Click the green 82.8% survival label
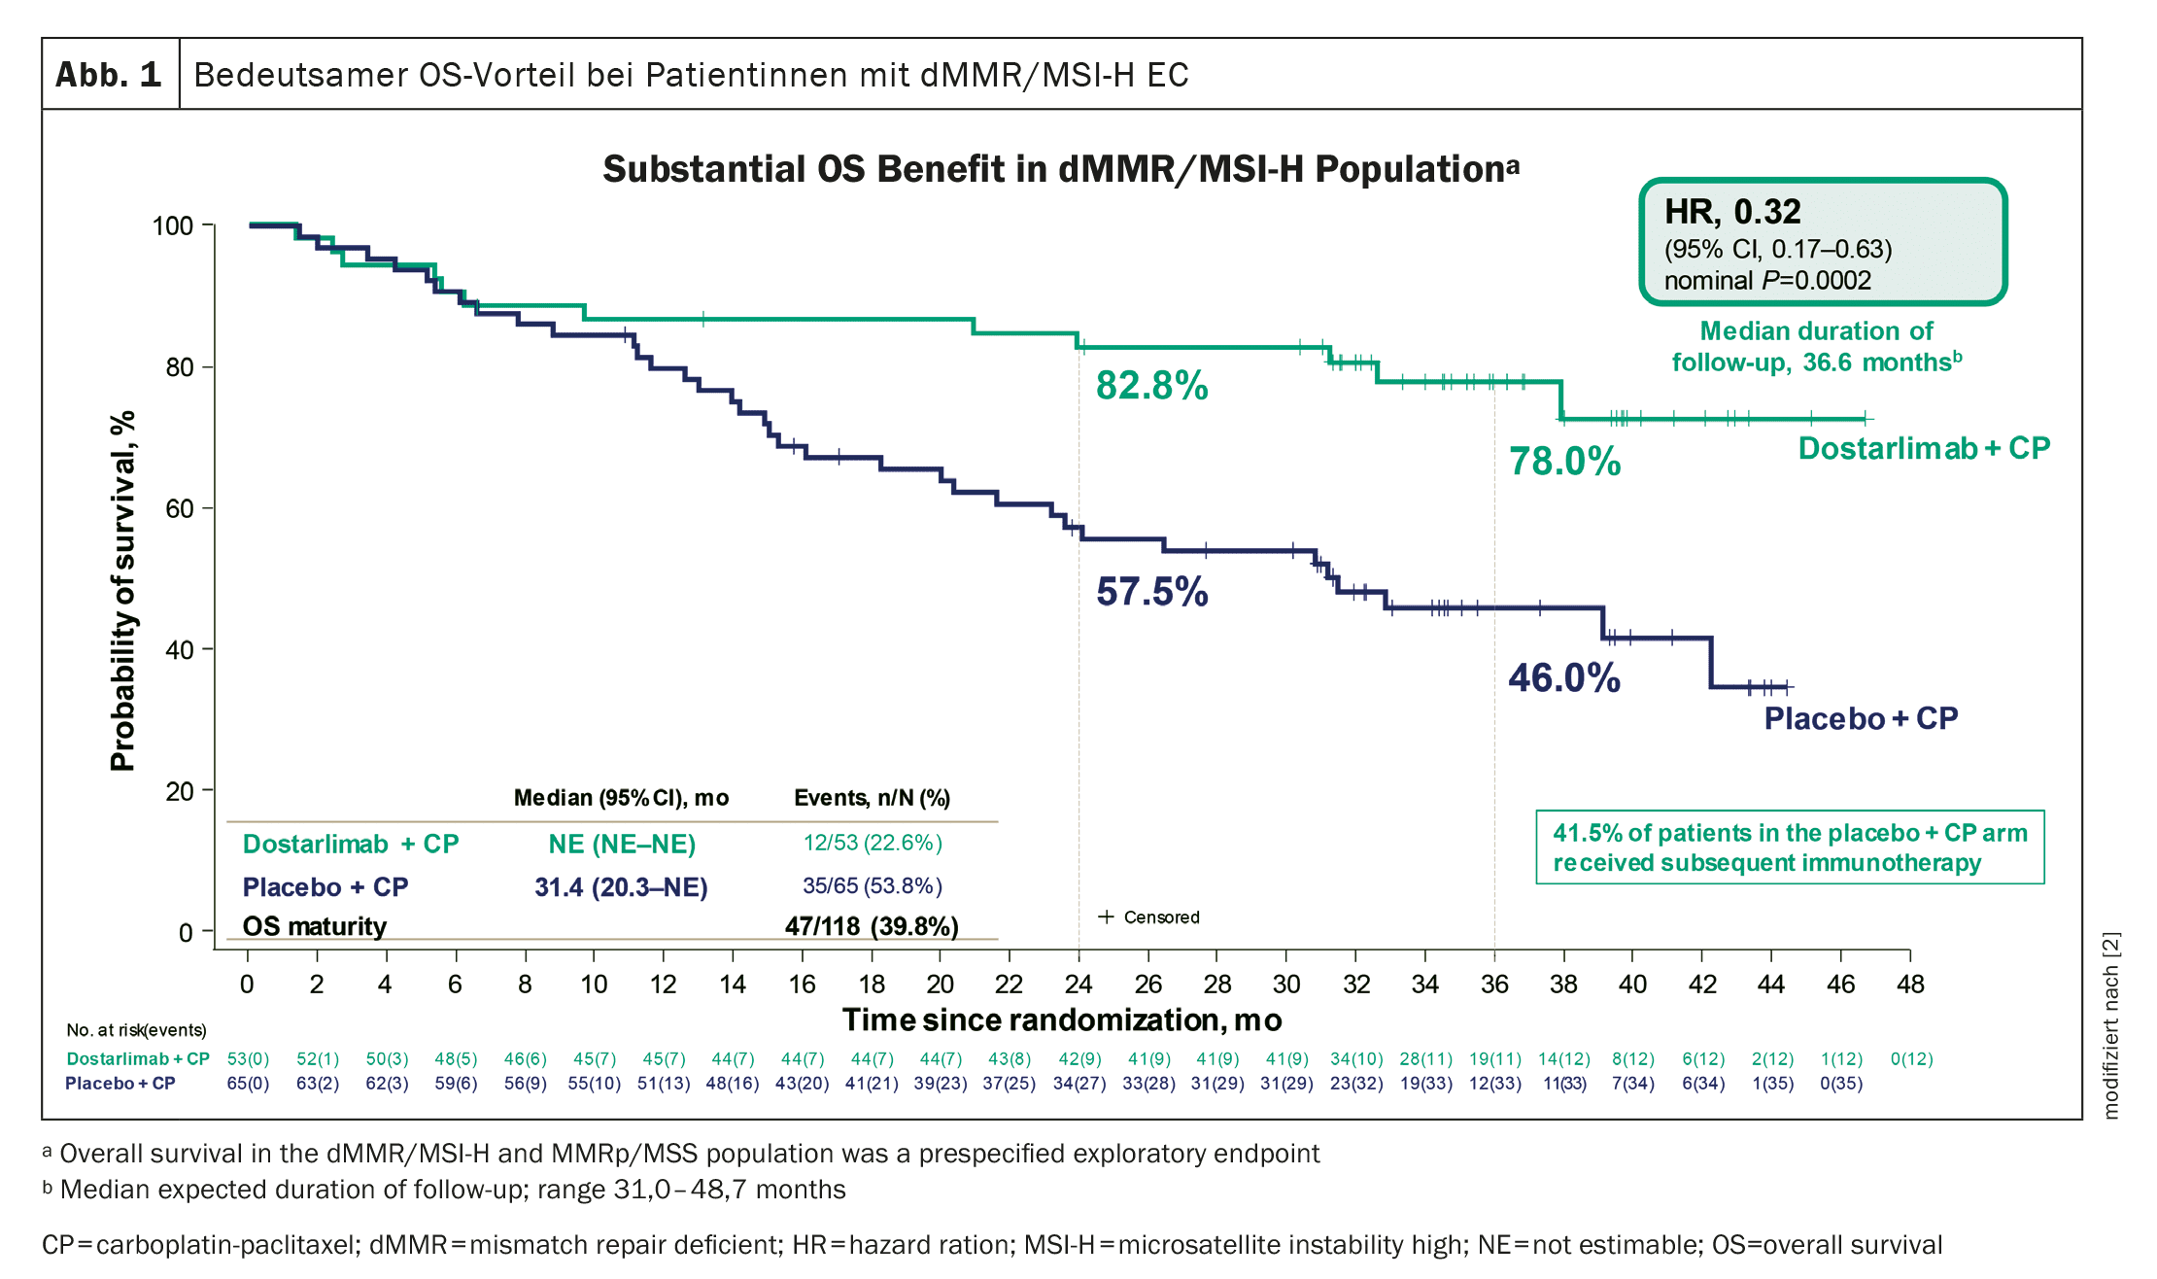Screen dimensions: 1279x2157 point(1151,386)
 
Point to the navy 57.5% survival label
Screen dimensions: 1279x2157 point(1151,592)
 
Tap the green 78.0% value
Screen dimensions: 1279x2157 point(1564,462)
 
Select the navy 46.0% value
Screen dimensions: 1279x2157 point(1564,678)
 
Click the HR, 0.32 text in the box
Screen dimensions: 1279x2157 point(1732,212)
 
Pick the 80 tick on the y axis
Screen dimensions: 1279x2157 point(180,367)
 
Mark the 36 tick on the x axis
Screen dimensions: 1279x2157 point(1494,985)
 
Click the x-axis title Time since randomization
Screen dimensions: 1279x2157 point(1062,1020)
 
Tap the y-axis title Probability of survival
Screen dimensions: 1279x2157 point(122,591)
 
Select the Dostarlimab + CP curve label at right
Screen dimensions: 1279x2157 point(1924,448)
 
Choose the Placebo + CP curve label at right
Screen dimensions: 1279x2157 point(1861,718)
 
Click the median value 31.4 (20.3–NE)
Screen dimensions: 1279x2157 point(621,887)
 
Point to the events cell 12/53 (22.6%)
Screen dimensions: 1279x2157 point(873,843)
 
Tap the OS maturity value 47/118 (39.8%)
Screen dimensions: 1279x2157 point(872,926)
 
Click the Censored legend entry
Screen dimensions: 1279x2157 point(1149,917)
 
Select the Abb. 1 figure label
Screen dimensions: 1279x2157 point(109,75)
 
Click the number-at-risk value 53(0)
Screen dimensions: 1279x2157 point(248,1059)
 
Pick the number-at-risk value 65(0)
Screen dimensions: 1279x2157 point(248,1084)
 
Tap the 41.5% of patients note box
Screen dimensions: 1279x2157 point(1790,847)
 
